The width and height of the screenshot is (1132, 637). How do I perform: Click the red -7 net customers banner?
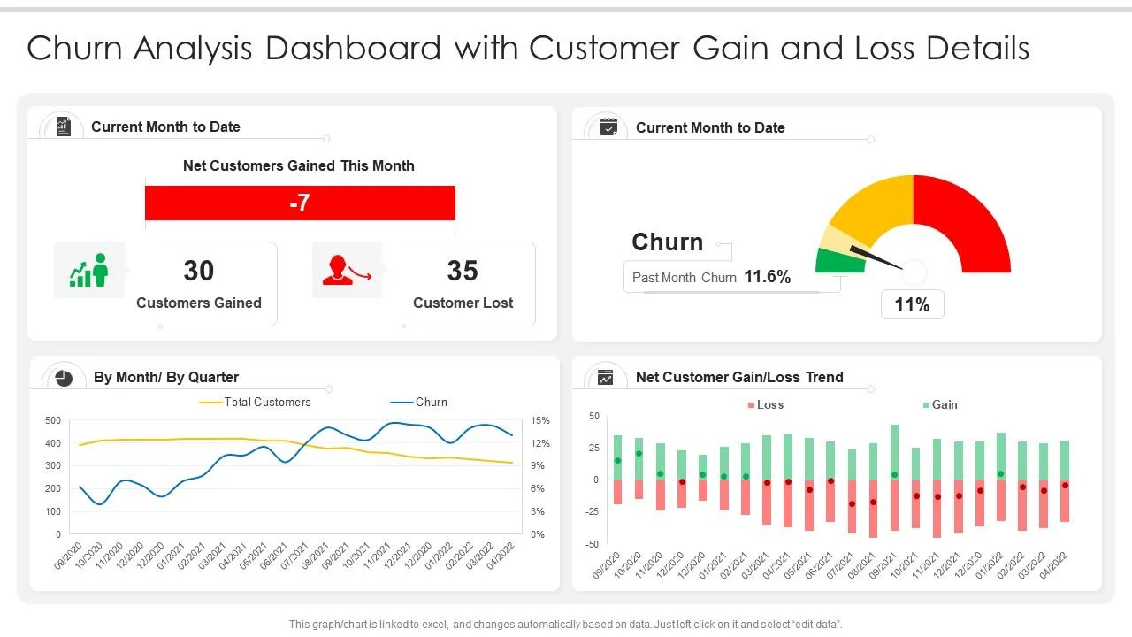(x=300, y=203)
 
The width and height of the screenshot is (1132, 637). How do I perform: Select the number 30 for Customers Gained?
(x=198, y=271)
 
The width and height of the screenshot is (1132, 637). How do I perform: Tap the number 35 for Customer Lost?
(x=463, y=271)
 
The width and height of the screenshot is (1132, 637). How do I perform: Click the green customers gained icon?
(x=88, y=270)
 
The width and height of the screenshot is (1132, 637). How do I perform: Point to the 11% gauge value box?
(x=912, y=304)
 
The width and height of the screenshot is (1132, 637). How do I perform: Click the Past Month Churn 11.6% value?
(x=767, y=277)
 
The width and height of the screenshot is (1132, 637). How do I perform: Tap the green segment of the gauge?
(x=838, y=262)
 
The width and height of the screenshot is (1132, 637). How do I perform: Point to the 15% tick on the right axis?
(x=540, y=420)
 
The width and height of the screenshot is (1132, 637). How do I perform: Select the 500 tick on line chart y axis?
(x=53, y=420)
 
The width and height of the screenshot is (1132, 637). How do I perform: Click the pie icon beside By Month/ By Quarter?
(x=64, y=378)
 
